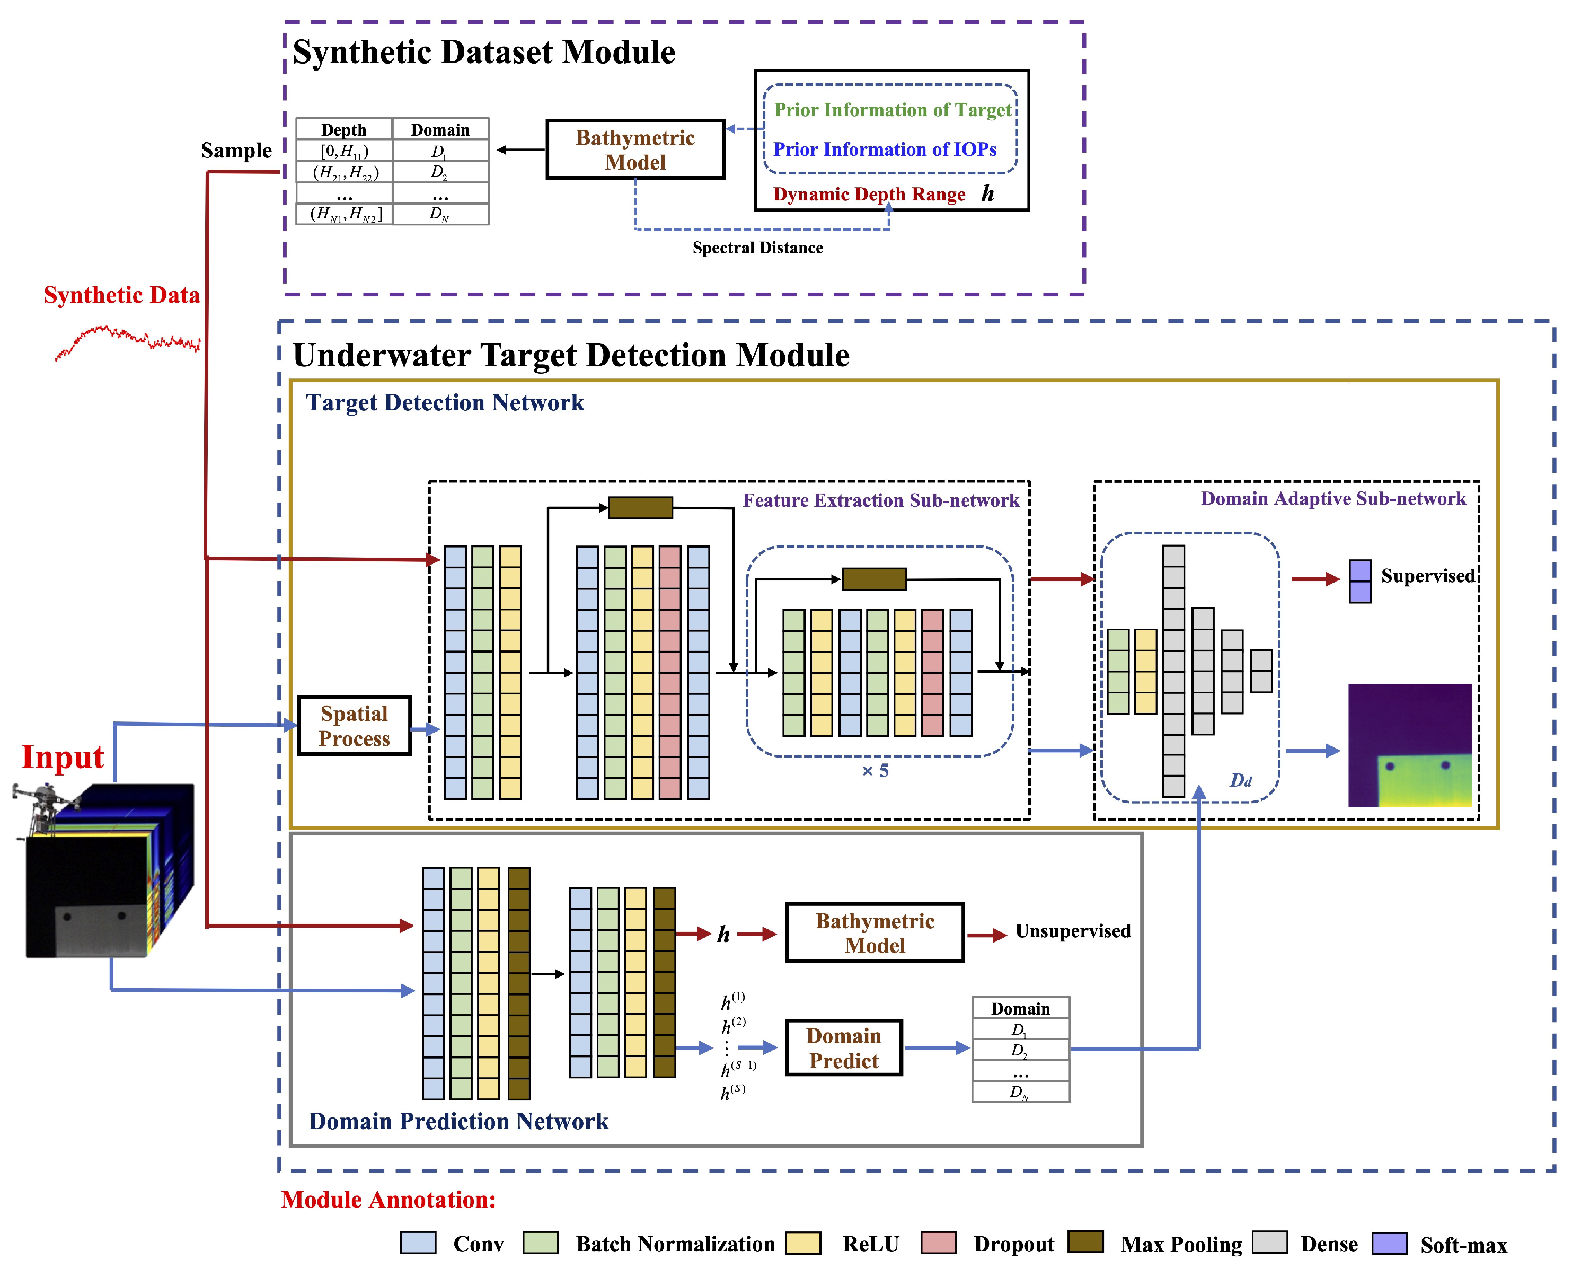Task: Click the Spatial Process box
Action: click(354, 725)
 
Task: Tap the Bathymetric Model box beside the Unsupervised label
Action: click(874, 933)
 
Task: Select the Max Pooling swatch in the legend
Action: click(1085, 1241)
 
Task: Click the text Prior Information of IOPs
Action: click(884, 149)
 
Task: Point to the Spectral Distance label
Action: click(757, 248)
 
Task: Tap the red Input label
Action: click(63, 756)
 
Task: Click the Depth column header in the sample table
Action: click(344, 129)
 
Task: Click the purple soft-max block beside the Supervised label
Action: click(1359, 582)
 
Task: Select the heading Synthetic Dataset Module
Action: click(483, 52)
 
